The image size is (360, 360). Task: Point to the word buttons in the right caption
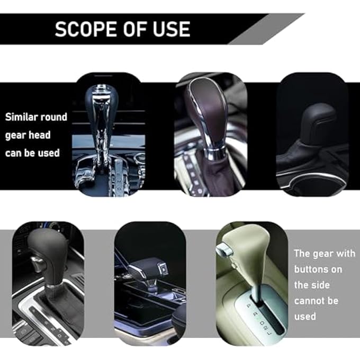click(318, 269)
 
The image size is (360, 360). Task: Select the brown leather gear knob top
click(206, 106)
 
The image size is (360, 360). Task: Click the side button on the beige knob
click(227, 248)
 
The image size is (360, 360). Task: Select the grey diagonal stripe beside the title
click(265, 29)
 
